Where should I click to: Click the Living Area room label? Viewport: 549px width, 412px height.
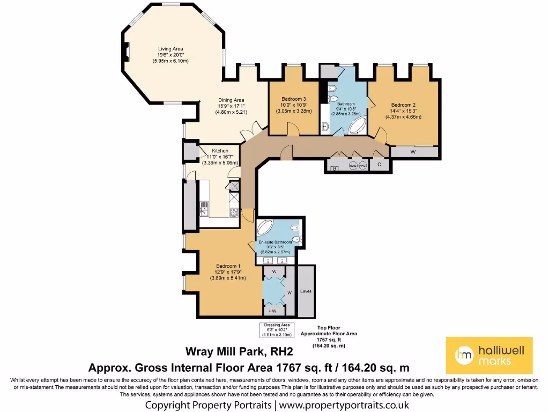coord(170,49)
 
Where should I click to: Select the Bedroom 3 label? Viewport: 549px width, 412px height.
coord(294,99)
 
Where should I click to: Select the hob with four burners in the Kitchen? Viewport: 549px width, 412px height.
coord(234,211)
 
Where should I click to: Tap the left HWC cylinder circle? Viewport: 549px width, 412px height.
coord(353,166)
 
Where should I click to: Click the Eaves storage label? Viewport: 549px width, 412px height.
coord(306,291)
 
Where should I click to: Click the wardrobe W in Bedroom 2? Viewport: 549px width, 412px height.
coord(413,152)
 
